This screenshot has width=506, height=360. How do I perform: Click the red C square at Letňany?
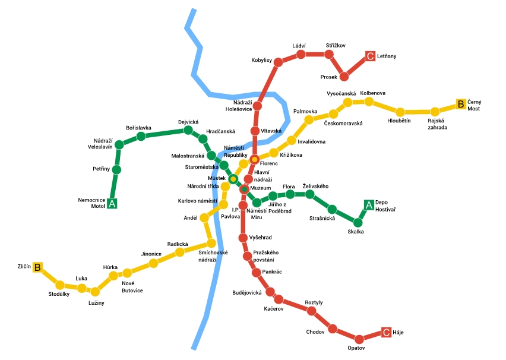371,56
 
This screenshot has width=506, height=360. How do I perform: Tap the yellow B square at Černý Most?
460,104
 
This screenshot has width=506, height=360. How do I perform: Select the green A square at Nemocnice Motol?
112,204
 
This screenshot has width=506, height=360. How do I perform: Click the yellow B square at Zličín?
37,267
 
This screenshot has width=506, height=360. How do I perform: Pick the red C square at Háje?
386,333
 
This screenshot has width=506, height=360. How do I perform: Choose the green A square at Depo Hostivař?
369,205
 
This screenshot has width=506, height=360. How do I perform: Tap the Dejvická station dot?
188,130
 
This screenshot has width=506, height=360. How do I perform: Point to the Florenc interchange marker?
254,159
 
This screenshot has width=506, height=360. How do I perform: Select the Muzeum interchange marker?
243,189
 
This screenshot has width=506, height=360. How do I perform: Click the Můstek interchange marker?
233,178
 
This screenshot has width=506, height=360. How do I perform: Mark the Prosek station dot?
344,76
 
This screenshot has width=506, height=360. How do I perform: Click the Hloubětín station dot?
400,112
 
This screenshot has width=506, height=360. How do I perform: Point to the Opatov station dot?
359,339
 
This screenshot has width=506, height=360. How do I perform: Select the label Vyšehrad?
260,238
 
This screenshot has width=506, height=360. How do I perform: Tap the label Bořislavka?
138,128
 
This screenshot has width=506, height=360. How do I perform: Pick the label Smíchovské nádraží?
213,256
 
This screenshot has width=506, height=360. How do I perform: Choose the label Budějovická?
247,293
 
